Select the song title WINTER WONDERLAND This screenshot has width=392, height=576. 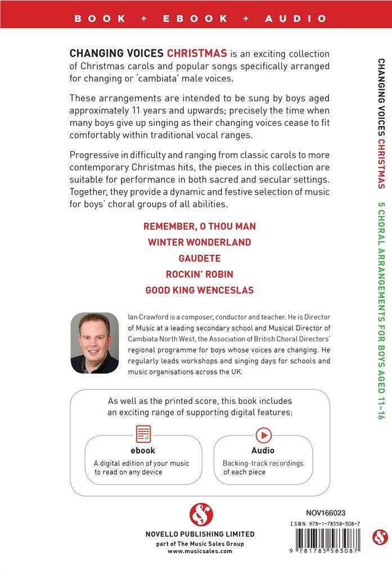tap(200, 242)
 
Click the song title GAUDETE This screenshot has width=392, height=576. tap(200, 258)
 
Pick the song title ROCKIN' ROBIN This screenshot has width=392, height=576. tap(200, 274)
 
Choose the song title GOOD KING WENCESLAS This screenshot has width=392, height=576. tap(200, 290)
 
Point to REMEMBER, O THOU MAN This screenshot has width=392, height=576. tap(200, 226)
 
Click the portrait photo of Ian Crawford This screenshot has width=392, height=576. tap(94, 343)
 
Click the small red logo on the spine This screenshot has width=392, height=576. tap(380, 536)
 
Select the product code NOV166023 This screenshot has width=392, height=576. tap(326, 512)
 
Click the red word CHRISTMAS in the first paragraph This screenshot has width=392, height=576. tap(197, 53)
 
